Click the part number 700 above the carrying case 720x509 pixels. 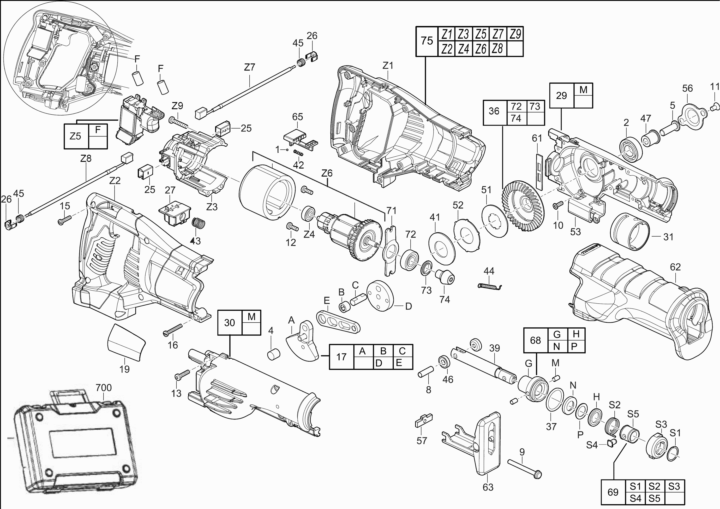pyautogui.click(x=103, y=388)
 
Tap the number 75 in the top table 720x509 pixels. pyautogui.click(x=427, y=41)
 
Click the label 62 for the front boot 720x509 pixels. pyautogui.click(x=675, y=267)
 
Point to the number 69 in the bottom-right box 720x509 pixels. pyautogui.click(x=613, y=492)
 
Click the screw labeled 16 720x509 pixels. pyautogui.click(x=173, y=330)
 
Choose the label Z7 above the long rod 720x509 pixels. pyautogui.click(x=250, y=67)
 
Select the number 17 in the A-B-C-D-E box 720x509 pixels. pyautogui.click(x=341, y=357)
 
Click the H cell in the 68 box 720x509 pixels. pyautogui.click(x=576, y=334)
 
